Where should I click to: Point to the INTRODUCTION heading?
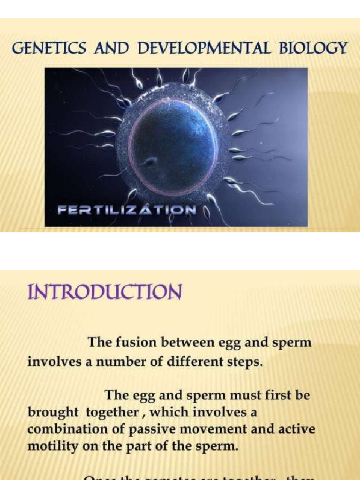click(104, 292)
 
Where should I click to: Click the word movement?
click(221, 429)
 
